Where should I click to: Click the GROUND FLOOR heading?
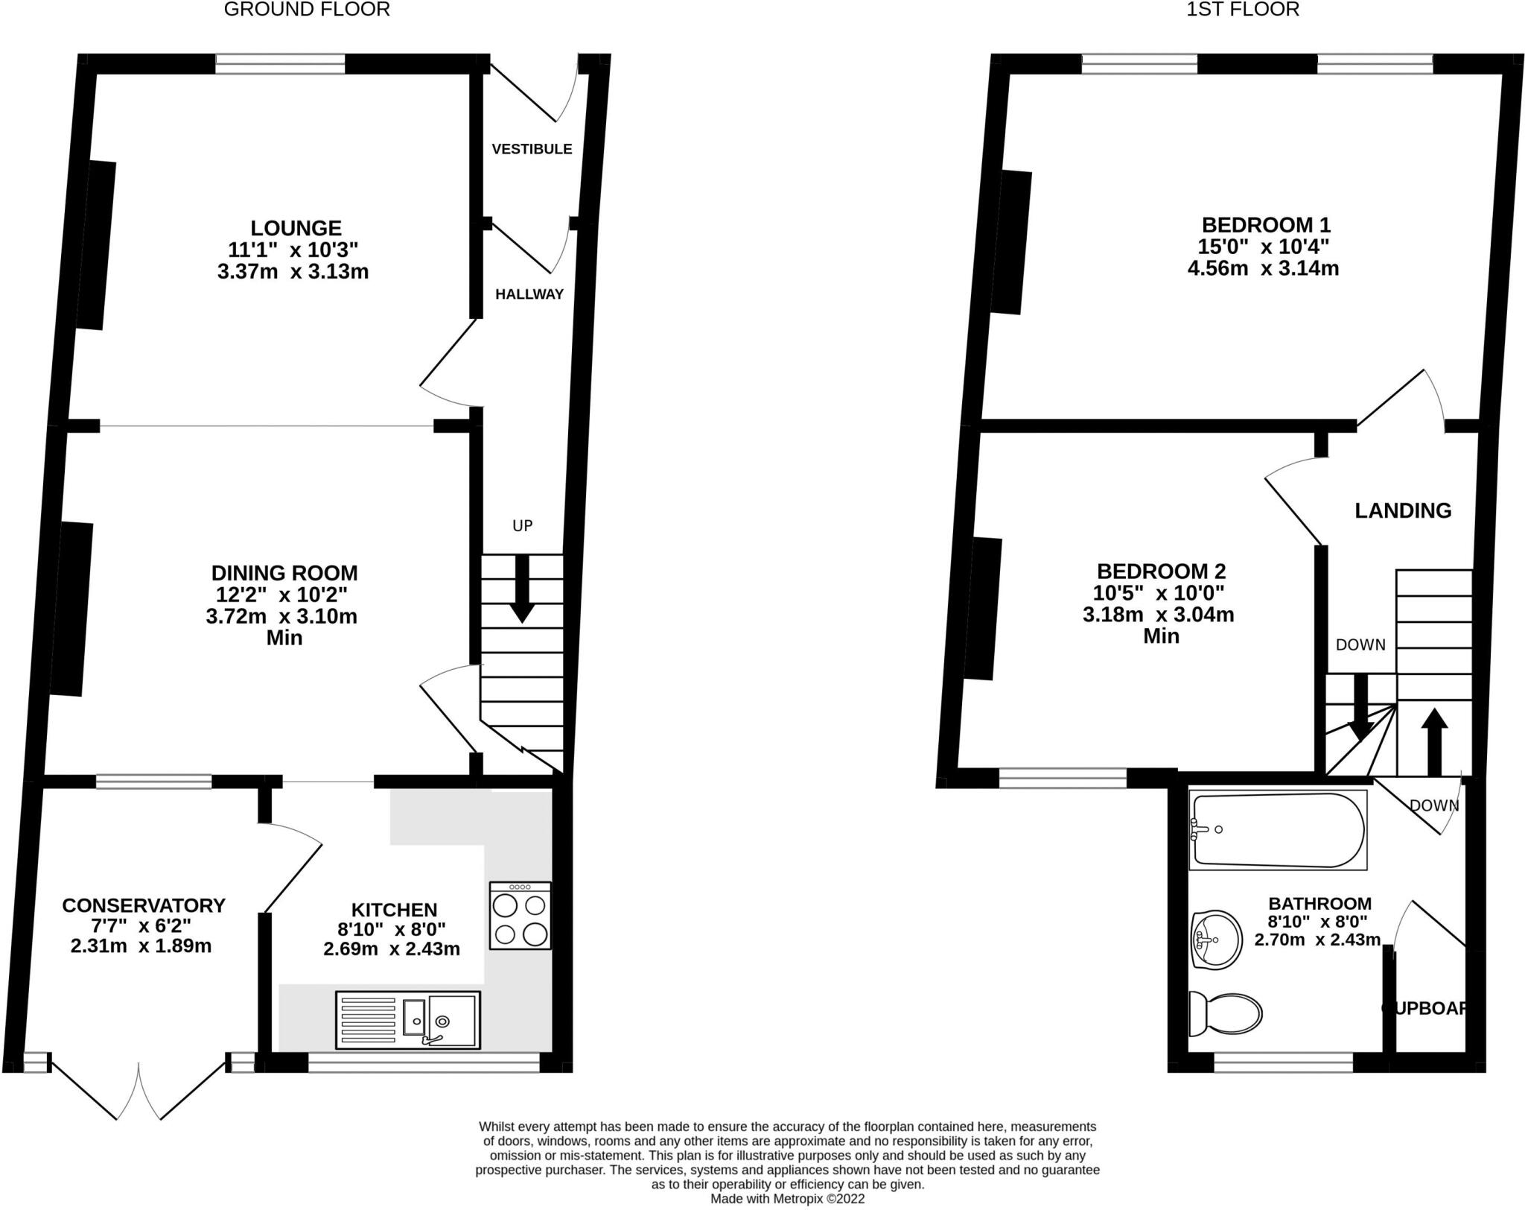(x=307, y=10)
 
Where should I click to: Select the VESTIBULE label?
(x=532, y=149)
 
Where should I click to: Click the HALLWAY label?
(x=529, y=294)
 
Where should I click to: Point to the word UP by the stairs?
(x=522, y=526)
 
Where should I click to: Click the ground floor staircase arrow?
(x=522, y=589)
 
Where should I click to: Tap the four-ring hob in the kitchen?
(x=520, y=916)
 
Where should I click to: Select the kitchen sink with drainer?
(x=407, y=1019)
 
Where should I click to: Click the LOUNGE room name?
(x=296, y=228)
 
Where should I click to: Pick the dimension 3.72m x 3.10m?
(x=281, y=617)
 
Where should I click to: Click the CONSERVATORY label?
(x=144, y=905)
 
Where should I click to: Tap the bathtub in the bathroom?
(x=1278, y=831)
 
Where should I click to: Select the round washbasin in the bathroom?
(x=1217, y=939)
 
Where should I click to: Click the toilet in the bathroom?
(x=1225, y=1013)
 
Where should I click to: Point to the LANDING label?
(x=1403, y=510)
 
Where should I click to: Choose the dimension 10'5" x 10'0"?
(x=1159, y=593)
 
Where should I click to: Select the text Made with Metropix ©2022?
(x=787, y=1200)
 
